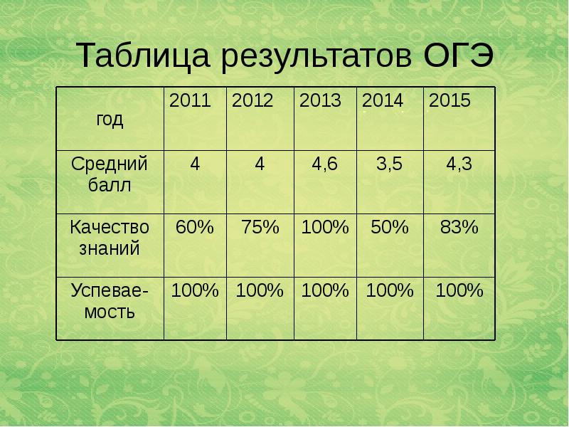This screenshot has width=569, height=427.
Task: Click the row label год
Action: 110,120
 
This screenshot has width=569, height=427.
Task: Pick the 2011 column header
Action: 190,101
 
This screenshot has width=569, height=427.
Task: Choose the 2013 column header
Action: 320,101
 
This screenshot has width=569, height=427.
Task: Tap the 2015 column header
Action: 450,101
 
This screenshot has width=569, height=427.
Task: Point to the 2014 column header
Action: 383,101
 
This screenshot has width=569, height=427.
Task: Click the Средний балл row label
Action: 110,175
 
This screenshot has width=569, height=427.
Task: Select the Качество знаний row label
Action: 110,238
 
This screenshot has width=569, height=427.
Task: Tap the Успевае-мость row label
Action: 110,301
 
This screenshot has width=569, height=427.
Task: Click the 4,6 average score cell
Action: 324,165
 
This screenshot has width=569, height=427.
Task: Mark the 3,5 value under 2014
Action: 389,165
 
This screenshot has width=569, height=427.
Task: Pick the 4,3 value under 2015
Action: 459,165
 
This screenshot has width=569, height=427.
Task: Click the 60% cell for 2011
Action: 194,228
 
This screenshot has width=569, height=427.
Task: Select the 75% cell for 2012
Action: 260,228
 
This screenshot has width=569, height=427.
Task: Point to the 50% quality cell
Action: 390,228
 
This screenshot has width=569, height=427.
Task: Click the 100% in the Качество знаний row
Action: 325,228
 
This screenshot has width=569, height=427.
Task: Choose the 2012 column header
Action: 252,101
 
